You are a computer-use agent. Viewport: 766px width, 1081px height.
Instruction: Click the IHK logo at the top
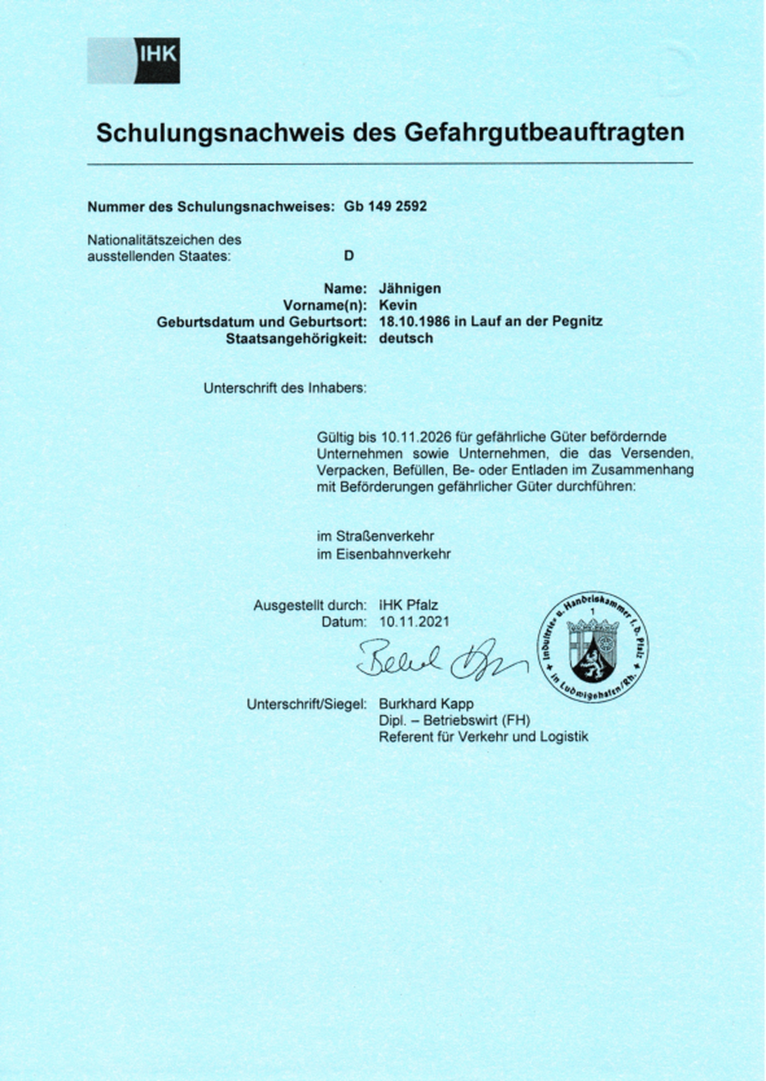pyautogui.click(x=133, y=60)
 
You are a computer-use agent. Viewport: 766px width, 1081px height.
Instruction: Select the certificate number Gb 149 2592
pyautogui.click(x=385, y=207)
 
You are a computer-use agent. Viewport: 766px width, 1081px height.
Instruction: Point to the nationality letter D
pyautogui.click(x=349, y=256)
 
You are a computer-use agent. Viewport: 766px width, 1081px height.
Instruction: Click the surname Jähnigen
pyautogui.click(x=410, y=289)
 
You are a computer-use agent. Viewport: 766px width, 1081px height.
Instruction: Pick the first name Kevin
pyautogui.click(x=397, y=305)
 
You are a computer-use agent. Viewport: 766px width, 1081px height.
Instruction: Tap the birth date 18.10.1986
pyautogui.click(x=412, y=322)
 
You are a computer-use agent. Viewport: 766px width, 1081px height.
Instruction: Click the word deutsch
pyautogui.click(x=405, y=338)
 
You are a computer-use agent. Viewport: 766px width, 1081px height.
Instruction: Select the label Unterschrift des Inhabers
pyautogui.click(x=285, y=388)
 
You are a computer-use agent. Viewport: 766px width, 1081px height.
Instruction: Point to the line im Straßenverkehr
pyautogui.click(x=375, y=536)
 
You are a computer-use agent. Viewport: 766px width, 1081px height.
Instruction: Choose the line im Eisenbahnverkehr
pyautogui.click(x=383, y=554)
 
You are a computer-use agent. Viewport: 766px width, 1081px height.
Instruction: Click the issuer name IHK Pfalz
pyautogui.click(x=408, y=605)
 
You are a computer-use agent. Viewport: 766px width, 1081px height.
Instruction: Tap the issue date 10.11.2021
pyautogui.click(x=413, y=622)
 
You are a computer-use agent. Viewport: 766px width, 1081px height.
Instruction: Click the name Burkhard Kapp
pyautogui.click(x=426, y=704)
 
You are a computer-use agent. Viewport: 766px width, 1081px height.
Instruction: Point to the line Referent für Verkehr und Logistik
pyautogui.click(x=483, y=737)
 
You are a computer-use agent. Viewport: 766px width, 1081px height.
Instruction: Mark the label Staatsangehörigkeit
pyautogui.click(x=295, y=338)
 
